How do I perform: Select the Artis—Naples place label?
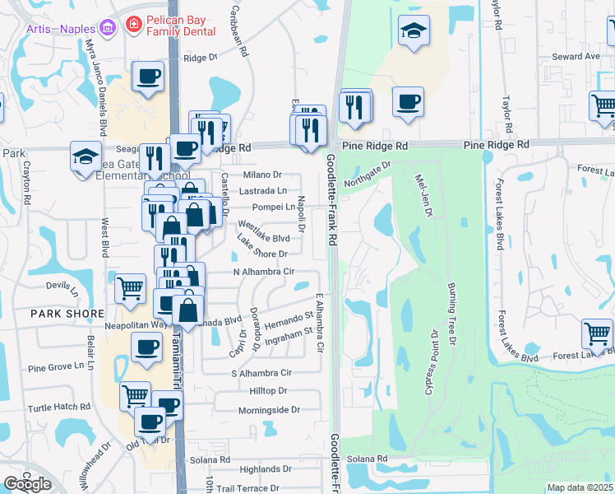tap(62, 30)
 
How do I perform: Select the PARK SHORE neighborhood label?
tap(67, 314)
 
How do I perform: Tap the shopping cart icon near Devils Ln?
tap(130, 288)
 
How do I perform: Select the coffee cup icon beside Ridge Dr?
tap(148, 77)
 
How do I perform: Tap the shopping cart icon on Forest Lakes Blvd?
tap(597, 333)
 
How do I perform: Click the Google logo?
tap(28, 484)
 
